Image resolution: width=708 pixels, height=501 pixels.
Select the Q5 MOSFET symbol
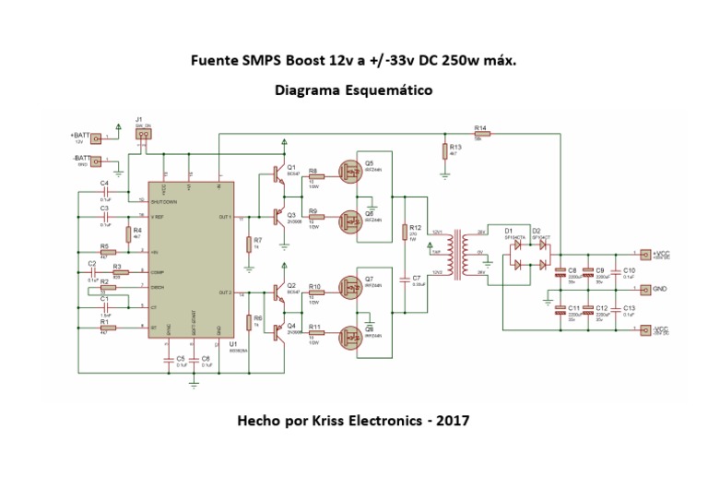tap(351, 171)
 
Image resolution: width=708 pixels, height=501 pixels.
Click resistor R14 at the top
tap(481, 134)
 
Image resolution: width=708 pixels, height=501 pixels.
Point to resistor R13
tap(444, 151)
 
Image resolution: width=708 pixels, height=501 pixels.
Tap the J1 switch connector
tap(142, 134)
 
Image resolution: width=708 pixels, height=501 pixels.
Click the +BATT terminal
tap(95, 137)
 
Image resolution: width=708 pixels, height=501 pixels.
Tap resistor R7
tap(249, 244)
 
